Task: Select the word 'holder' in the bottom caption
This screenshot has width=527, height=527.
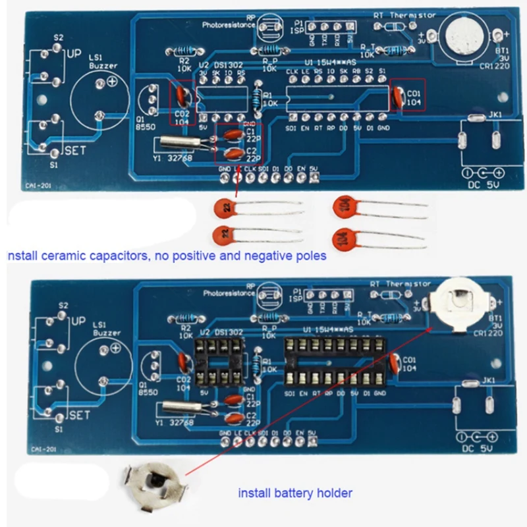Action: (x=333, y=493)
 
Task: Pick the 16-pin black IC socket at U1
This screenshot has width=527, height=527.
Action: (x=333, y=362)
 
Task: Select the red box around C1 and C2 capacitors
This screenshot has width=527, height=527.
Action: (x=238, y=144)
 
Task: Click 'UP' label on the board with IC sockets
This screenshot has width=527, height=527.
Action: (x=78, y=322)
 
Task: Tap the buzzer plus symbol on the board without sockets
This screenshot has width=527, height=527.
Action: (x=112, y=82)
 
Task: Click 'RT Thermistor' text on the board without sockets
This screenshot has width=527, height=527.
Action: (x=404, y=14)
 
